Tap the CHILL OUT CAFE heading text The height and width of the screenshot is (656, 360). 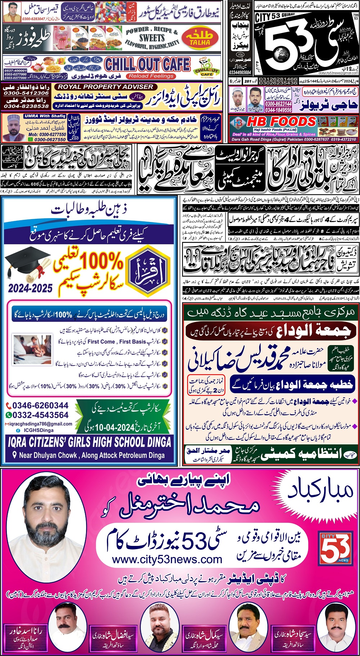point(147,64)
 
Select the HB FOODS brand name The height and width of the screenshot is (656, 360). point(281,122)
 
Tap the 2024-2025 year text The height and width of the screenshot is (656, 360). point(30,288)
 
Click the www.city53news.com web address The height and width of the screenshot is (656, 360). point(167,560)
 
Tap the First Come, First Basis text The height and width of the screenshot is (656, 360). point(117,341)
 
